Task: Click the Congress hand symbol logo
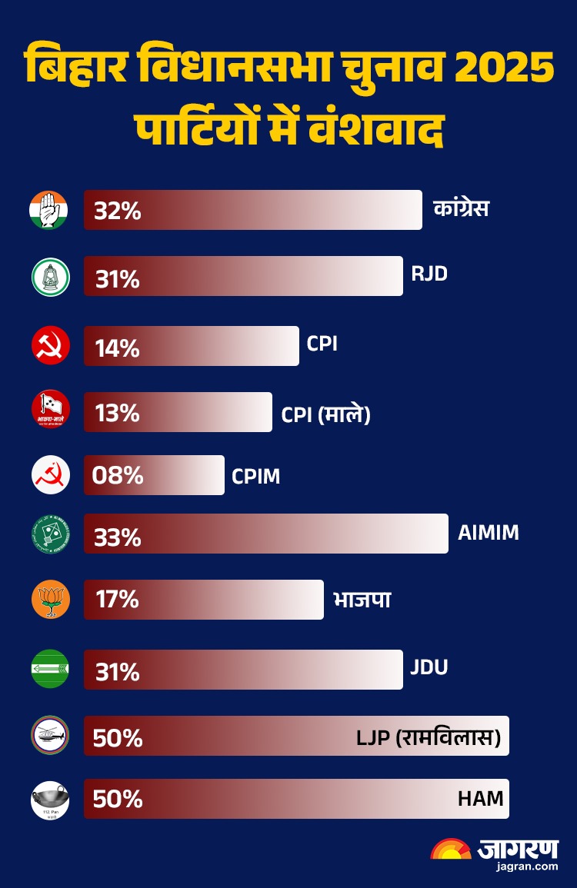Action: [49, 209]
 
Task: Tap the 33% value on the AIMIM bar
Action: [118, 537]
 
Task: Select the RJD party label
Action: [429, 273]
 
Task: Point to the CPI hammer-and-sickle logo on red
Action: [51, 345]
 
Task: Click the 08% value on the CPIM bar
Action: [118, 475]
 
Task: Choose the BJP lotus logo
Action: [51, 600]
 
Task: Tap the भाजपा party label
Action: [362, 599]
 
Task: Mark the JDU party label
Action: [429, 667]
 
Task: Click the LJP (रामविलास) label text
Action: [429, 738]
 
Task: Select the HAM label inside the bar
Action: [480, 799]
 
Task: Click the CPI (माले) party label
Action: [325, 414]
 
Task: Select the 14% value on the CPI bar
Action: [117, 348]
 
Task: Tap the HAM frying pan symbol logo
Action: [50, 800]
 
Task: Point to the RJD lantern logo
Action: [51, 277]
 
